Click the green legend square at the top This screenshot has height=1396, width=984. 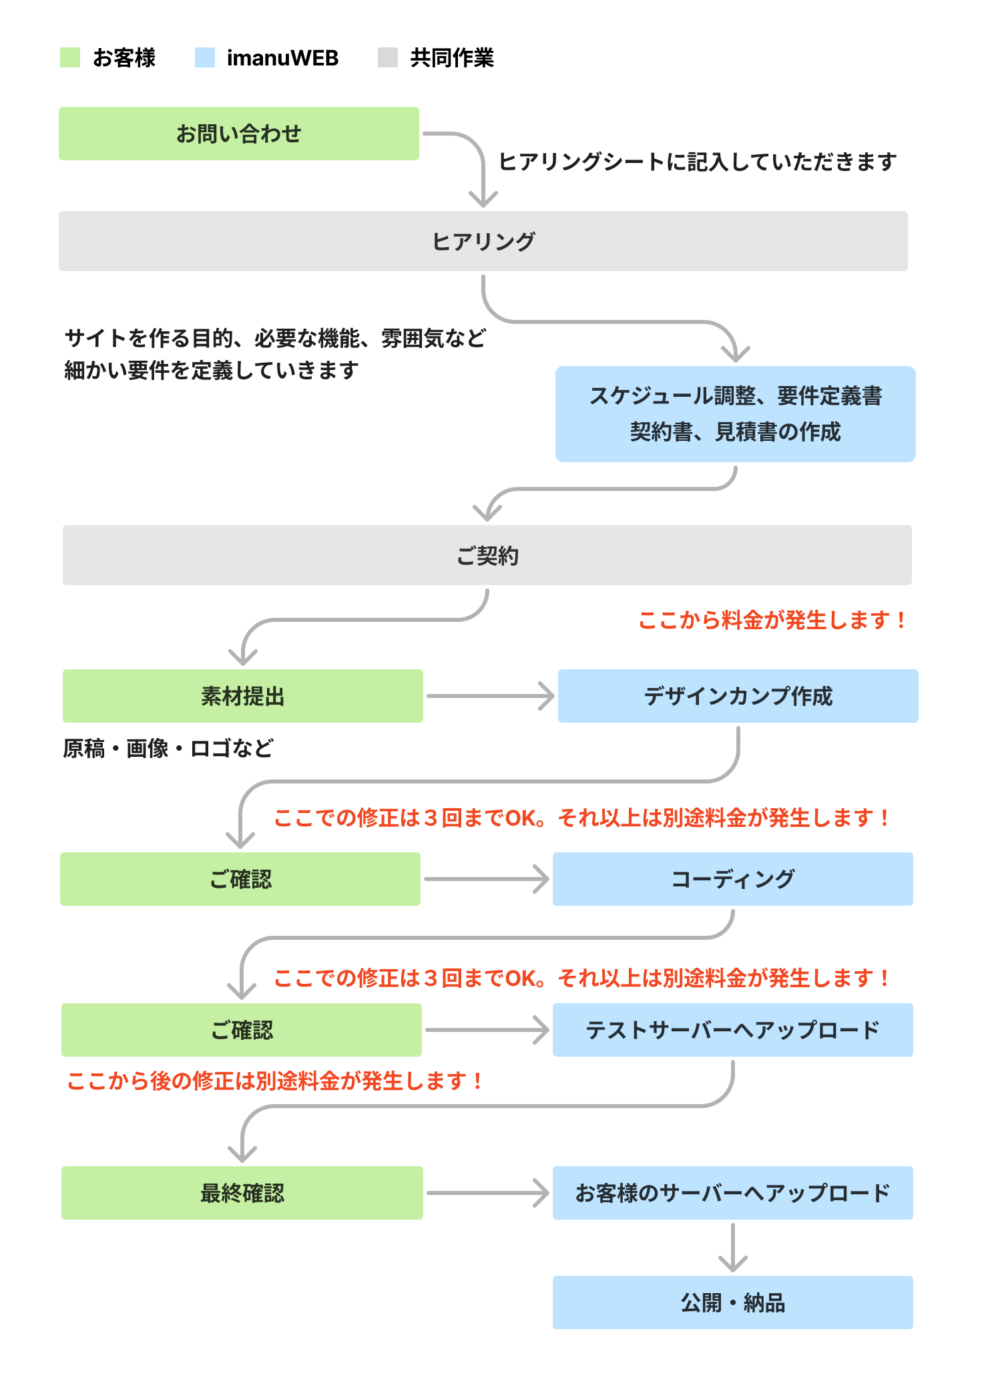pos(70,57)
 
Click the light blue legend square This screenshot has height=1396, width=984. pos(205,57)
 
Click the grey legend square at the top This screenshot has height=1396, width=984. pos(388,57)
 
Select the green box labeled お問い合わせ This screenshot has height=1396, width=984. pos(239,134)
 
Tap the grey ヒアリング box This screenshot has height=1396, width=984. pos(483,241)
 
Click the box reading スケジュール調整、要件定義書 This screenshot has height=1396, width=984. pos(735,413)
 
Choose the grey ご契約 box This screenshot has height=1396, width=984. pos(487,555)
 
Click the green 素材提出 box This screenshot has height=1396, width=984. pos(242,696)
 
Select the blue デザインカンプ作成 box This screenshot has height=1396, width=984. pos(738,696)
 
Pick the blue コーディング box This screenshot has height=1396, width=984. pos(732,879)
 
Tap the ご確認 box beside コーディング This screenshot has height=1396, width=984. pos(240,879)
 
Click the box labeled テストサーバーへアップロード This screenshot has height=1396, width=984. pos(732,1030)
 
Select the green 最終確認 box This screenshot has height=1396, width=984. pos(242,1193)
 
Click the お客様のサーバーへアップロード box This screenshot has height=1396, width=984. pos(732,1193)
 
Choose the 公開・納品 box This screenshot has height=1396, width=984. pos(732,1302)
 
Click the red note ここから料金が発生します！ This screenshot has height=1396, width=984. pos(772,621)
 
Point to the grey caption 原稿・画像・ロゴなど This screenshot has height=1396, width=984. pos(168,748)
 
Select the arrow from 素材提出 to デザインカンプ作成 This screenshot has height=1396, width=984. pos(490,696)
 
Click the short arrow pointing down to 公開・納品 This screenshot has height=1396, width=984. pos(733,1248)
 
